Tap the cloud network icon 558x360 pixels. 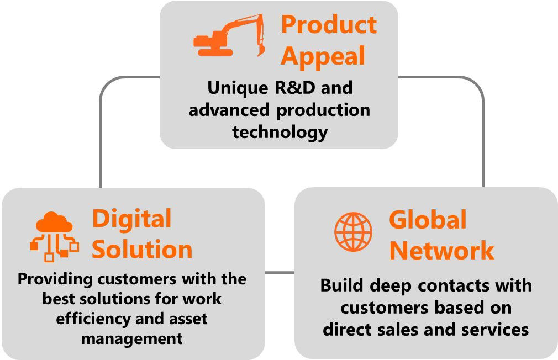tap(54, 236)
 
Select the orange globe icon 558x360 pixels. tap(354, 232)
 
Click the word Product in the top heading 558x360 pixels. tap(329, 24)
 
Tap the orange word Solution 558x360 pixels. tap(142, 249)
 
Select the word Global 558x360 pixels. tap(428, 220)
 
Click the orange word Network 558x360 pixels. tap(441, 251)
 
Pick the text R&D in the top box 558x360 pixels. tap(295, 87)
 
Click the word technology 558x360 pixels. tap(280, 133)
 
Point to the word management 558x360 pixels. tap(131, 339)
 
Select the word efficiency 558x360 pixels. tap(93, 319)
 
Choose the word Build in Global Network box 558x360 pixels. tap(343, 285)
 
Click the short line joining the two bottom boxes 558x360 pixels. tap(280, 273)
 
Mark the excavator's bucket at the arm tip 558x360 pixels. tap(261, 50)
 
